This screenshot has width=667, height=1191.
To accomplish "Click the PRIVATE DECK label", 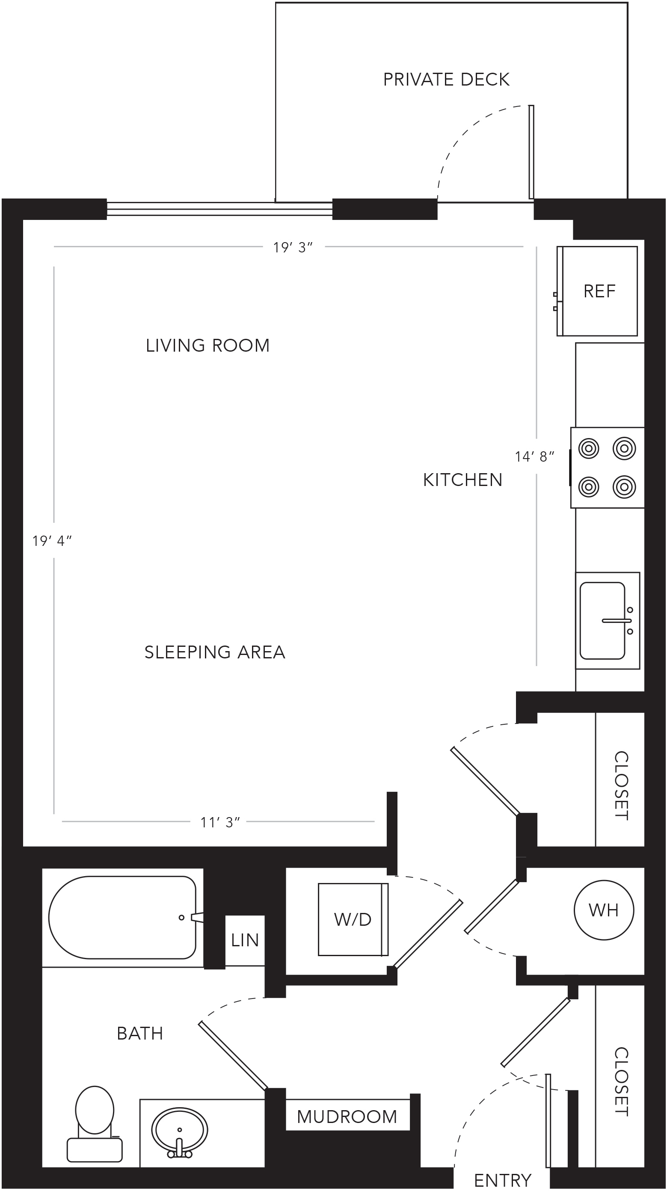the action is pyautogui.click(x=446, y=80).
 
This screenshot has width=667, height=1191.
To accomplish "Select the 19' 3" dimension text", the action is pyautogui.click(x=293, y=247).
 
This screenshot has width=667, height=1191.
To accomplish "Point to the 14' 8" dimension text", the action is pyautogui.click(x=534, y=457).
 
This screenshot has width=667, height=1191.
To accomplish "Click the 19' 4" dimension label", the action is pyautogui.click(x=52, y=540).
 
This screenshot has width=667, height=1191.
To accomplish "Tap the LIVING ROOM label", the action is pyautogui.click(x=208, y=345).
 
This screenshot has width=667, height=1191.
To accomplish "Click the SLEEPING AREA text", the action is pyautogui.click(x=215, y=652).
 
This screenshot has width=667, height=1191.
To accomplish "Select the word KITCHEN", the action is pyautogui.click(x=462, y=480).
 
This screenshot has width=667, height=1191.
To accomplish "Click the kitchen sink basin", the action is pyautogui.click(x=603, y=620).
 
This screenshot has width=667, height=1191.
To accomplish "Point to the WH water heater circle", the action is pyautogui.click(x=604, y=910).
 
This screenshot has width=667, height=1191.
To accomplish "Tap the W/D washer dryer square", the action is pyautogui.click(x=353, y=919).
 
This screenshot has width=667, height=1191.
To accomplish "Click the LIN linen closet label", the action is pyautogui.click(x=245, y=940).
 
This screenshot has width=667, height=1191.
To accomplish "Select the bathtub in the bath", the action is pyautogui.click(x=122, y=918).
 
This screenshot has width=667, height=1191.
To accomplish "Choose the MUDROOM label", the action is pyautogui.click(x=347, y=1117).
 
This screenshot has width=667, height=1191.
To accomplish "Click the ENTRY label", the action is pyautogui.click(x=503, y=1180).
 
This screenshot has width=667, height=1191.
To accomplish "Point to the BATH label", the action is pyautogui.click(x=140, y=1033).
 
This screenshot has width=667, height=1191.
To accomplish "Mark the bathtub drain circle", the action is pyautogui.click(x=182, y=918).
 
